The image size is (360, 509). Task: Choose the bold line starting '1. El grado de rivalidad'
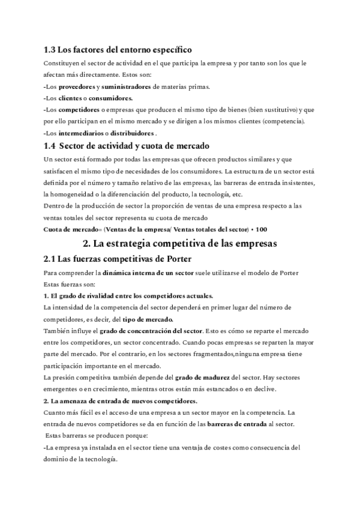[128, 296]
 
